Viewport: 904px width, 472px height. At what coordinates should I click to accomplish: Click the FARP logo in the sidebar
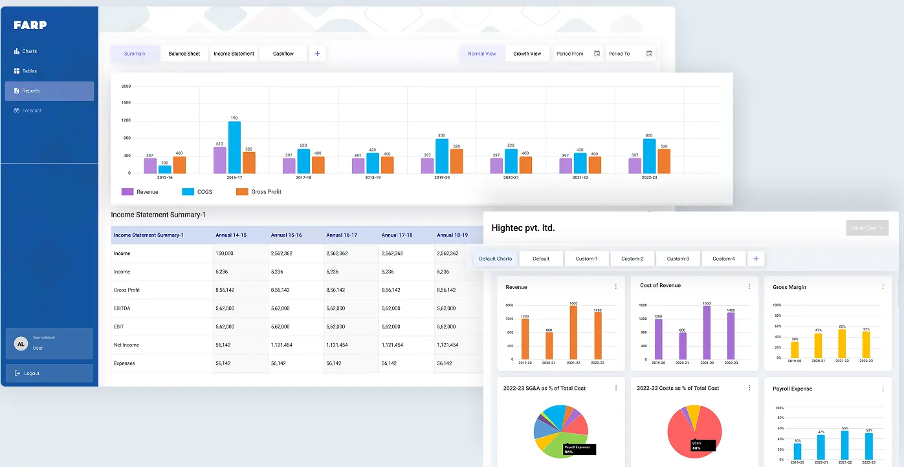pos(30,25)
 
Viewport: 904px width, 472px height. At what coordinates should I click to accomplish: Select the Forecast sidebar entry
pos(31,111)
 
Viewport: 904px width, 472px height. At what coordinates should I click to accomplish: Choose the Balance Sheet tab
pos(184,54)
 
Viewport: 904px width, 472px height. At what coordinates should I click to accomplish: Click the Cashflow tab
pos(283,54)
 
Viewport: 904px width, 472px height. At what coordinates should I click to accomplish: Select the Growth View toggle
pos(527,54)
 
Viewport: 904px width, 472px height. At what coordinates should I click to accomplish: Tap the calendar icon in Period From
pos(597,54)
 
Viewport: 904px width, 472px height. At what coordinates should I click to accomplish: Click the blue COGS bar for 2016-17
pos(234,147)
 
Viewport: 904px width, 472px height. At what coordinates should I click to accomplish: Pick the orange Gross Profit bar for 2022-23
pos(664,161)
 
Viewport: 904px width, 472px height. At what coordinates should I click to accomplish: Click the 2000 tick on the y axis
pos(126,86)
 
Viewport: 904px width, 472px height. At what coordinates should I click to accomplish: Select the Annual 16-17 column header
pos(342,235)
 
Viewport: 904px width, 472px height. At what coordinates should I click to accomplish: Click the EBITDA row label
pos(122,308)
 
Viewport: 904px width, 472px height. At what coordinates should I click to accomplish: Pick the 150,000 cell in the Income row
pos(225,253)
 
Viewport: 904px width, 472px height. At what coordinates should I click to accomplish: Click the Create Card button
pos(867,228)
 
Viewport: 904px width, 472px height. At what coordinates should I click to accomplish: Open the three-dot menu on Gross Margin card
pos(883,286)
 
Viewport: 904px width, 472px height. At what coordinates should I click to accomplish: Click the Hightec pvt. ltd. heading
pos(523,228)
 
